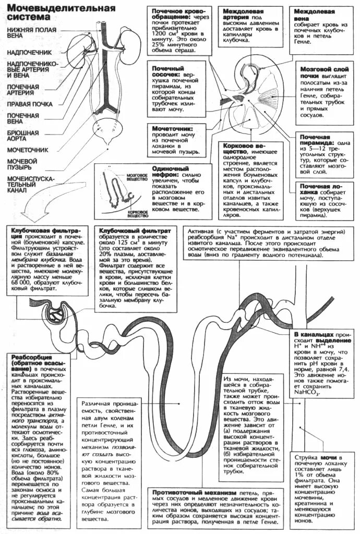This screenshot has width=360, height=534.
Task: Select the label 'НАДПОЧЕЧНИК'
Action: pos(29,53)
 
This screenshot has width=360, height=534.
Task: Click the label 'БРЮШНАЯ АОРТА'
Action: pos(22,137)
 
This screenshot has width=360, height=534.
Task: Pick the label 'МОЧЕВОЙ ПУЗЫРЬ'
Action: pos(22,164)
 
